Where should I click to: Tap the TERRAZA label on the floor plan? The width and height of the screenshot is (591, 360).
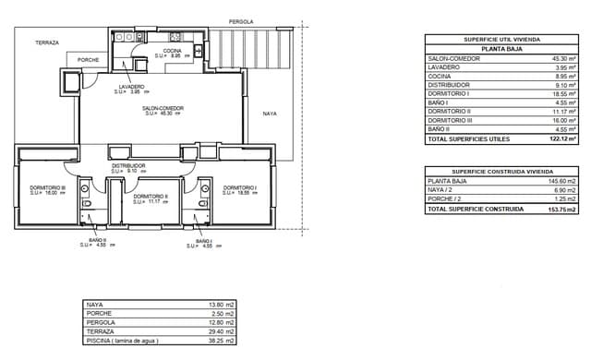(47, 42)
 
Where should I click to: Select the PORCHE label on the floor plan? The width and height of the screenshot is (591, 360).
(89, 60)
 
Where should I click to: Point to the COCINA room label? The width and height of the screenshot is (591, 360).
(173, 51)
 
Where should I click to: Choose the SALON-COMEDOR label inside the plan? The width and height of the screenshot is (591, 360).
(163, 108)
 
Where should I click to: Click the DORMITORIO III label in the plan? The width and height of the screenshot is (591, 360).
(42, 188)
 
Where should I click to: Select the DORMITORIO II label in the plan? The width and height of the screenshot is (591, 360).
(150, 196)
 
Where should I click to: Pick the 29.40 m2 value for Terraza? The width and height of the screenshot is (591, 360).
(223, 330)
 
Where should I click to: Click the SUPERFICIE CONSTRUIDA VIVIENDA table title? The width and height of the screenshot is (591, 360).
(501, 172)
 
